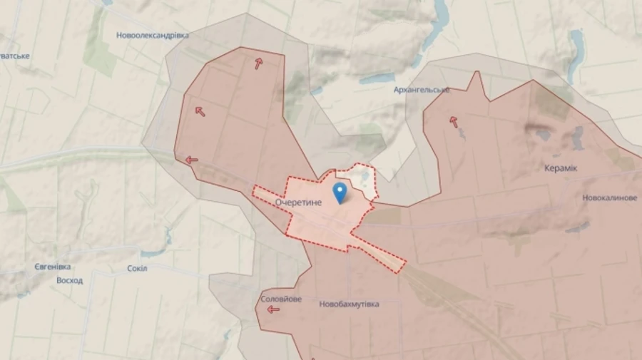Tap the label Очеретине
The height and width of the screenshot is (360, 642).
pyautogui.click(x=299, y=202)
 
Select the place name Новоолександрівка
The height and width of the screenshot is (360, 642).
pyautogui.click(x=153, y=35)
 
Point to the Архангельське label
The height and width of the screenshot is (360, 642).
pyautogui.click(x=422, y=90)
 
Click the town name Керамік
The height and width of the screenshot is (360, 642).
pyautogui.click(x=562, y=168)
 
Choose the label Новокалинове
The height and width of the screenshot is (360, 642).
pyautogui.click(x=609, y=197)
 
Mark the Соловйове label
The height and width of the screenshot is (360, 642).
pyautogui.click(x=281, y=299)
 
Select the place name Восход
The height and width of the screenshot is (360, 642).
pyautogui.click(x=69, y=280)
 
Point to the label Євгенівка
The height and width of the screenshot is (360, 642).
pyautogui.click(x=52, y=267)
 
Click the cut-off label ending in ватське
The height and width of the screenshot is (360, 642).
pyautogui.click(x=14, y=56)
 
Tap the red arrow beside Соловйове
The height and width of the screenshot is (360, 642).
pyautogui.click(x=273, y=309)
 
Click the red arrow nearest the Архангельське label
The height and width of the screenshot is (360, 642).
pyautogui.click(x=454, y=121)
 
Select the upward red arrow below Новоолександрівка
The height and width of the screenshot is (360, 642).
pyautogui.click(x=258, y=63)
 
